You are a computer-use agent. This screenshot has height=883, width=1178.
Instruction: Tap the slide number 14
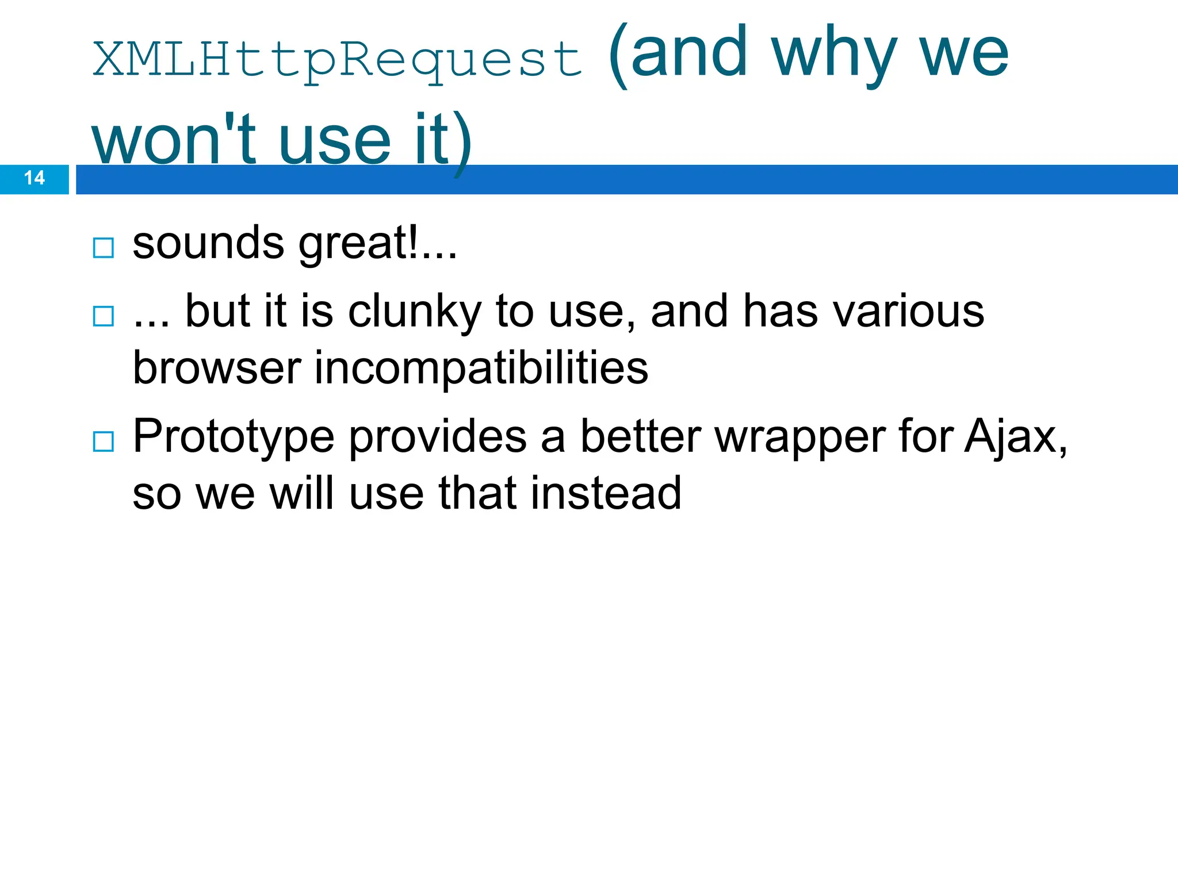(x=35, y=178)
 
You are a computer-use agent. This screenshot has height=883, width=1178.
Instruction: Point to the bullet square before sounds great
(x=104, y=248)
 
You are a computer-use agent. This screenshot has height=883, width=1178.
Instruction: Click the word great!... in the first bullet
(x=377, y=244)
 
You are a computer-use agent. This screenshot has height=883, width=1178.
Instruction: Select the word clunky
(x=414, y=312)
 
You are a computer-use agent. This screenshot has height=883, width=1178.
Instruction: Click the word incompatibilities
(x=481, y=368)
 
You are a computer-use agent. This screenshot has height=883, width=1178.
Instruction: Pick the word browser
(x=217, y=368)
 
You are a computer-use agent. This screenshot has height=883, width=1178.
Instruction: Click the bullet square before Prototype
(x=104, y=441)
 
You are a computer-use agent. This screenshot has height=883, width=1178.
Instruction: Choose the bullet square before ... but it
(x=104, y=316)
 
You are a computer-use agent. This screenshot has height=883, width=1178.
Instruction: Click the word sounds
(x=208, y=244)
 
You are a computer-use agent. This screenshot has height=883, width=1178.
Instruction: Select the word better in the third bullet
(x=640, y=437)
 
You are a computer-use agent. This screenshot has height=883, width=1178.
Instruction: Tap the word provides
(x=438, y=437)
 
